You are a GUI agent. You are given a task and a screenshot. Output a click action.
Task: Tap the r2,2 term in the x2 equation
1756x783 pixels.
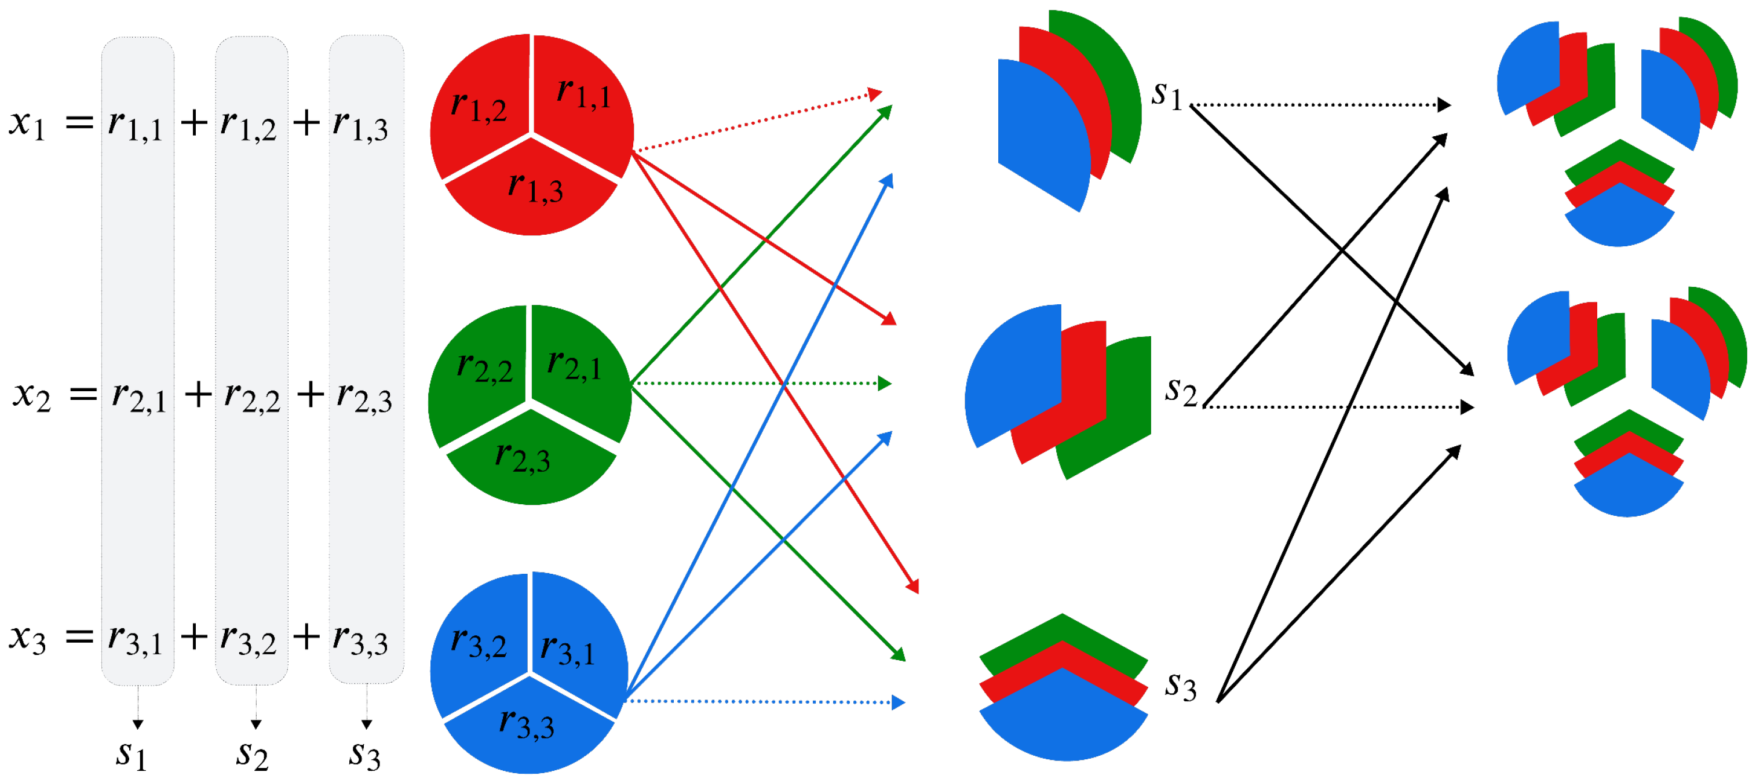pos(251,396)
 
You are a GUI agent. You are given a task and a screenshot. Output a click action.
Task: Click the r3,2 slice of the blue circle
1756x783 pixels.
pos(479,644)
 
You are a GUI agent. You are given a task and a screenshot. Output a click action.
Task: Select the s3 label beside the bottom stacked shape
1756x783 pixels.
pos(1180,686)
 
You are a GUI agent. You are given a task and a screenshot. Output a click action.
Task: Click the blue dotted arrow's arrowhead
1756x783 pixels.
pos(899,702)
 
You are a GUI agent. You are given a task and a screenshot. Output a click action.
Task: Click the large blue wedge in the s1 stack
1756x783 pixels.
pos(1039,136)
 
